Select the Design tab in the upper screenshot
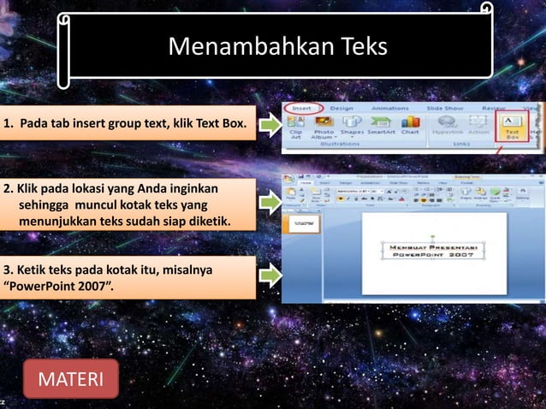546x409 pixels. tap(341, 109)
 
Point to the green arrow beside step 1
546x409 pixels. tap(270, 127)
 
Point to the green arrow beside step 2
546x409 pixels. tap(270, 203)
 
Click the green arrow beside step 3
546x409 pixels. tap(270, 276)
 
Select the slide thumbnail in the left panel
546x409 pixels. tap(300, 223)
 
